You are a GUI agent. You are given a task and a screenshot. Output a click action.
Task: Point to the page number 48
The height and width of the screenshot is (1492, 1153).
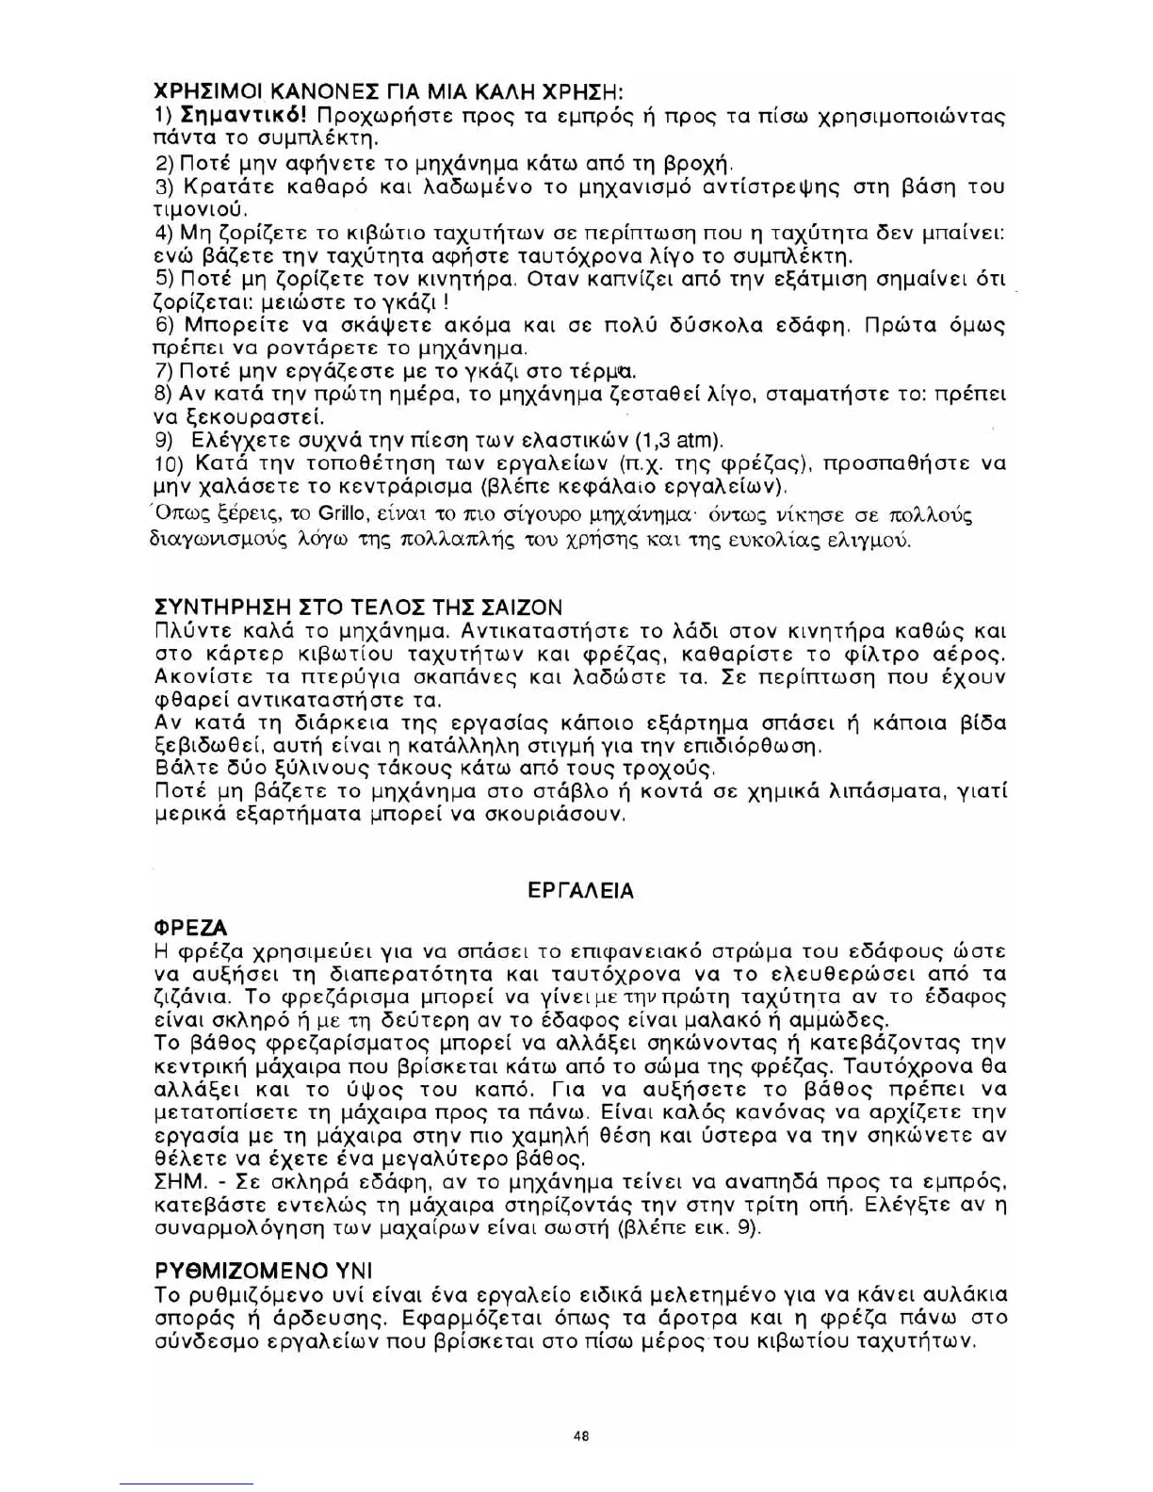(580, 1436)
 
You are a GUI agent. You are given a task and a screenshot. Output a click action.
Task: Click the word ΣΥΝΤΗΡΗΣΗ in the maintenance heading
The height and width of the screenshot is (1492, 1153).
(212, 608)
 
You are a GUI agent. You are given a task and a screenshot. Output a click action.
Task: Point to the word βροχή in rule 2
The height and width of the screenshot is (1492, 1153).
(692, 163)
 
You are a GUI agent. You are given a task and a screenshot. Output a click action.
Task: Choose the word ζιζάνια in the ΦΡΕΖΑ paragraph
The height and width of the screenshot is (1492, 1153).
(186, 997)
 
